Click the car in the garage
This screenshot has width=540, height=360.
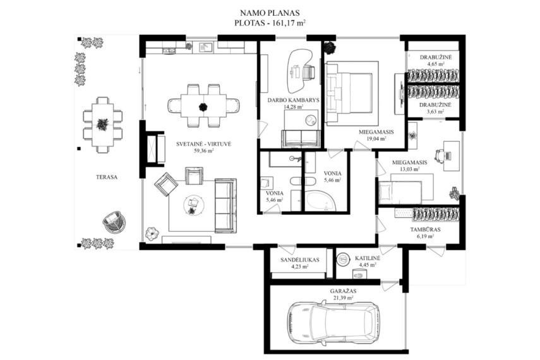(x=333, y=321)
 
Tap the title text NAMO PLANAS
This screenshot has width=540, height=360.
(x=270, y=13)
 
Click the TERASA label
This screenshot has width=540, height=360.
(x=107, y=177)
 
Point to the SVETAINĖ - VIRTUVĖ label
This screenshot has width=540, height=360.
(x=203, y=145)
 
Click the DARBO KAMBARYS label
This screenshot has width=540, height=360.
(x=294, y=100)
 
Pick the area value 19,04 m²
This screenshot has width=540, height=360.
(x=376, y=138)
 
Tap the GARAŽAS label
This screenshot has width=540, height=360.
(x=343, y=291)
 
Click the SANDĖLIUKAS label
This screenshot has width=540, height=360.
(x=300, y=260)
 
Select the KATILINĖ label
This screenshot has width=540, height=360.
(x=368, y=258)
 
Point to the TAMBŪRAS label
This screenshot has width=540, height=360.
(x=425, y=229)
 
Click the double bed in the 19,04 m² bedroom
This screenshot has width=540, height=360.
(x=349, y=93)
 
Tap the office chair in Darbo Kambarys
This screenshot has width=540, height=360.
(x=309, y=72)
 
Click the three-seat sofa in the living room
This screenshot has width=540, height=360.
(x=225, y=206)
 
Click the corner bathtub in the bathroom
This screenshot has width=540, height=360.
(x=321, y=200)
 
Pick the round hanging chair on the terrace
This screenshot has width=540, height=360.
(x=114, y=222)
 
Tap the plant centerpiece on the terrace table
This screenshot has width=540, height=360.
(x=102, y=124)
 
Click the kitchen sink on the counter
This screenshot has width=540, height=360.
(x=207, y=47)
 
